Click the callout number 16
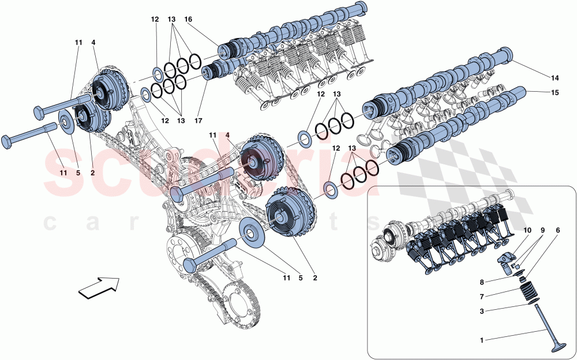[x=188, y=20]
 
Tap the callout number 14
[x=555, y=78]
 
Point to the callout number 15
[x=555, y=92]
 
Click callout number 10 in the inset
[x=527, y=230]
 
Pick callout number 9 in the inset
[x=543, y=230]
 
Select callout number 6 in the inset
[x=557, y=230]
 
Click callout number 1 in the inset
[x=482, y=340]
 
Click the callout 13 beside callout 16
[x=171, y=20]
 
